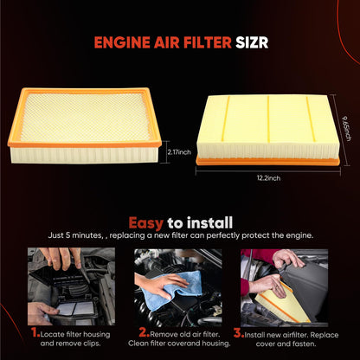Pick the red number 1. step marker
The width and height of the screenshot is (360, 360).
(35, 331)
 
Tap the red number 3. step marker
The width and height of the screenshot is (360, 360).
(240, 331)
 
